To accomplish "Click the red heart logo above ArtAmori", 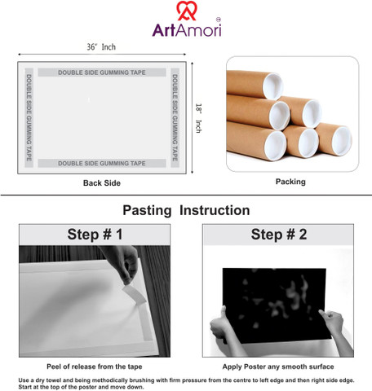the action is [x=186, y=11].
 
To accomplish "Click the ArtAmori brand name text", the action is [x=187, y=30].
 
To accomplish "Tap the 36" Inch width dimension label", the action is [x=101, y=47].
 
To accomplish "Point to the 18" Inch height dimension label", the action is [x=199, y=118].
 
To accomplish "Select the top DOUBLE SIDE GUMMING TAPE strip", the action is [x=102, y=72].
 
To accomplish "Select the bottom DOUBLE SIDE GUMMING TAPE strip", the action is [x=102, y=163].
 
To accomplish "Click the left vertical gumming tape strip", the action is [x=29, y=117].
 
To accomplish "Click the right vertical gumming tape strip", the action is [x=175, y=117].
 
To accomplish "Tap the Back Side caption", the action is [x=102, y=183].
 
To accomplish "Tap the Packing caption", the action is [x=290, y=182].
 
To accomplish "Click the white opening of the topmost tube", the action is [x=272, y=86].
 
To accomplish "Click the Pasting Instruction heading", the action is [x=186, y=210].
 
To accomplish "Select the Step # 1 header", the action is [x=95, y=235].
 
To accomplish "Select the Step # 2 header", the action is [x=279, y=235].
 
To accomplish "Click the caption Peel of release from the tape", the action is [x=95, y=367].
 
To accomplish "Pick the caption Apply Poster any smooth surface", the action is [x=278, y=367].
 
